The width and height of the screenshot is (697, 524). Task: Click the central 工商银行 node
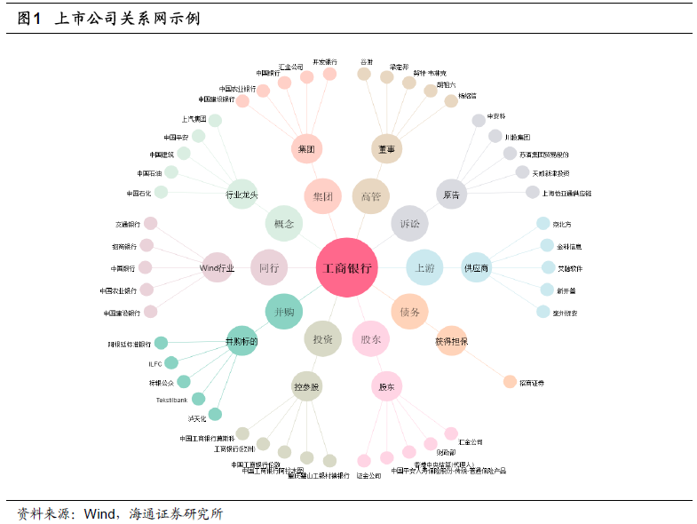347,267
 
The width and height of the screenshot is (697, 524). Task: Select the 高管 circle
371,195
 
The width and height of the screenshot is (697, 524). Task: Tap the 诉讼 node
410,223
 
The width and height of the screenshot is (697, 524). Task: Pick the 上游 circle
424,266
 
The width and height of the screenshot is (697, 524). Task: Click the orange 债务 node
409,311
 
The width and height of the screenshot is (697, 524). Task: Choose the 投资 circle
322,338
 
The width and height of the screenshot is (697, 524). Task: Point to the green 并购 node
284,311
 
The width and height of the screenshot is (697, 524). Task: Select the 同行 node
269,267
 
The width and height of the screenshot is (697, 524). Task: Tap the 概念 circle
284,223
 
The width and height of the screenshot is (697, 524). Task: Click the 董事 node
386,148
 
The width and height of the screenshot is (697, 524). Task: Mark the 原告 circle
451,195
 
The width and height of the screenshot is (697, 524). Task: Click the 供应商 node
476,267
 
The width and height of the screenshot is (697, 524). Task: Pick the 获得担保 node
451,340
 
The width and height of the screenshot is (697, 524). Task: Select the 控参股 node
306,386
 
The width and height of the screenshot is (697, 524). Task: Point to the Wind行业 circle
218,267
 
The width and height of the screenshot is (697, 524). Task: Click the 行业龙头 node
242,195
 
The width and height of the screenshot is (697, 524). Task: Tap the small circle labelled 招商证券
510,382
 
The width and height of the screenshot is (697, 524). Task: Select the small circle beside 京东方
543,224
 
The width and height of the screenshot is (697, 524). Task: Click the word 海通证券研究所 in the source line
176,513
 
